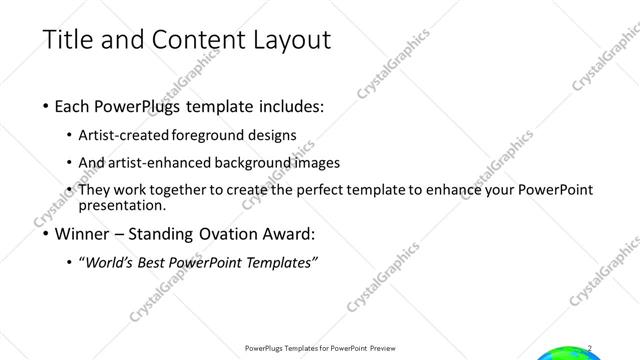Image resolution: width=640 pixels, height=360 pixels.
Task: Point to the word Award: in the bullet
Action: pyautogui.click(x=287, y=235)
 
